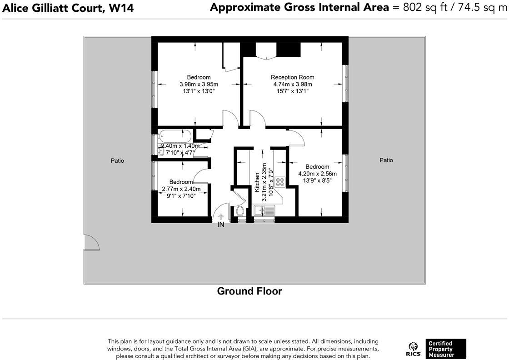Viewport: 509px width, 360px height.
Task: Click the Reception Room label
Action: click(292, 77)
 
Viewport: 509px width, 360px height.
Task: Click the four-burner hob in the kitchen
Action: click(280, 182)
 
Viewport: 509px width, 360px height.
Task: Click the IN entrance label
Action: click(221, 225)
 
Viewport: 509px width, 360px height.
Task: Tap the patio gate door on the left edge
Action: click(91, 243)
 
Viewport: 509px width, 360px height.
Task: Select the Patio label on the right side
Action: click(386, 160)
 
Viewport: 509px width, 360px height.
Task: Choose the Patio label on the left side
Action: click(117, 160)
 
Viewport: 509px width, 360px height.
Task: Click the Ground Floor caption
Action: click(250, 291)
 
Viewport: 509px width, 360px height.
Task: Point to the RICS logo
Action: click(413, 349)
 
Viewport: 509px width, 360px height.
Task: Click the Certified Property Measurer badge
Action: click(445, 349)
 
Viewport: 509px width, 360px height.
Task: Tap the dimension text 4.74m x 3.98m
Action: click(292, 84)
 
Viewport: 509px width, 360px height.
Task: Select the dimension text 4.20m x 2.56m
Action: click(317, 174)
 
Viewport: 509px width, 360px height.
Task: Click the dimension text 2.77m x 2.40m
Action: click(181, 189)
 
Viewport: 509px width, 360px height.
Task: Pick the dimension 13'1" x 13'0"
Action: click(199, 91)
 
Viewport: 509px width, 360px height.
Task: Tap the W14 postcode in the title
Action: click(121, 7)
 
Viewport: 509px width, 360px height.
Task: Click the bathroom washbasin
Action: click(161, 150)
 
